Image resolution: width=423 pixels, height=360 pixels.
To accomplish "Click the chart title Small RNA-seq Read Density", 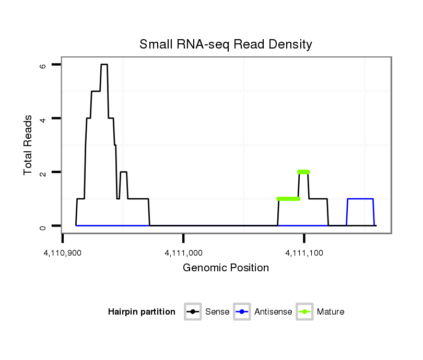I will click(x=226, y=44).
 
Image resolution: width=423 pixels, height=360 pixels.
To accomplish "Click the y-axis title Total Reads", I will click(x=30, y=145).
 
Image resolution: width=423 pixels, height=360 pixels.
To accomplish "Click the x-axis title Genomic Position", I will click(x=226, y=268).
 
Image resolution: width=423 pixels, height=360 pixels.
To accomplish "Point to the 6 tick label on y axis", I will click(x=43, y=65).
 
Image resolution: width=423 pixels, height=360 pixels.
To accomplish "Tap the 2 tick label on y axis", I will click(x=43, y=172).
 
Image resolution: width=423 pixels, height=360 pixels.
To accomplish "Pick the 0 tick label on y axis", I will click(x=43, y=226).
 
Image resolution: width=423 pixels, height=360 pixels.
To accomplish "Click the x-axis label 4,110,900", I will click(x=63, y=253).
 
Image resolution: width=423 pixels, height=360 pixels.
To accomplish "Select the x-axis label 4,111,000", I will click(x=183, y=253).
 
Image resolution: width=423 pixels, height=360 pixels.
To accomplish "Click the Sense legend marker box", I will click(x=193, y=312).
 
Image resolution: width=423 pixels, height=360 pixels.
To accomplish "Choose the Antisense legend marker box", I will click(x=242, y=312).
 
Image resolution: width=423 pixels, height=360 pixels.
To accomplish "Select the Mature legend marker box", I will click(x=304, y=312).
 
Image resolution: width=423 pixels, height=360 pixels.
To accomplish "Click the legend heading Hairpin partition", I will click(x=142, y=312).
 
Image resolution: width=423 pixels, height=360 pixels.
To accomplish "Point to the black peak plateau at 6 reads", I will click(x=104, y=65).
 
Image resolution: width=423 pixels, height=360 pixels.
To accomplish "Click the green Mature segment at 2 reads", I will click(x=303, y=172).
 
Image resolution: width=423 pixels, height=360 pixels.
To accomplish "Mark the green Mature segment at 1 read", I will click(x=288, y=199).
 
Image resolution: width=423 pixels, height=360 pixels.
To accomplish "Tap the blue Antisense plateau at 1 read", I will click(x=360, y=199).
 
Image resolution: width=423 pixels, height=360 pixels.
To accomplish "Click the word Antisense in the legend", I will click(x=273, y=312).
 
